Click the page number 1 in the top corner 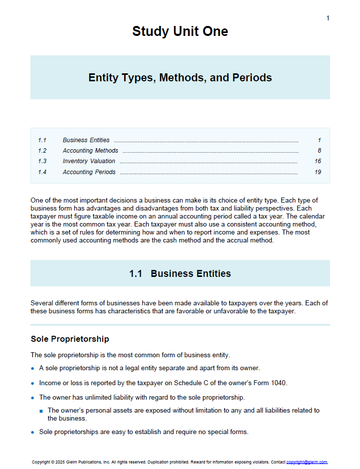[328, 18]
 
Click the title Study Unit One [180, 31]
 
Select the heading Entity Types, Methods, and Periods [180, 78]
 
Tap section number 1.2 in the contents [42, 151]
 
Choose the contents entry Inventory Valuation [89, 161]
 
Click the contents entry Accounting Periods [89, 172]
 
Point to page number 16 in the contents [318, 161]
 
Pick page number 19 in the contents [318, 172]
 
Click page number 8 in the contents [319, 151]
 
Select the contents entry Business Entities [86, 140]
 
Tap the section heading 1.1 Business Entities [180, 274]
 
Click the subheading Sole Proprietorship [70, 339]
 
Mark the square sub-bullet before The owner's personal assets [41, 411]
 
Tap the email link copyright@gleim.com [307, 463]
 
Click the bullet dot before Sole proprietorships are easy [33, 432]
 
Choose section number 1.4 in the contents [42, 172]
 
